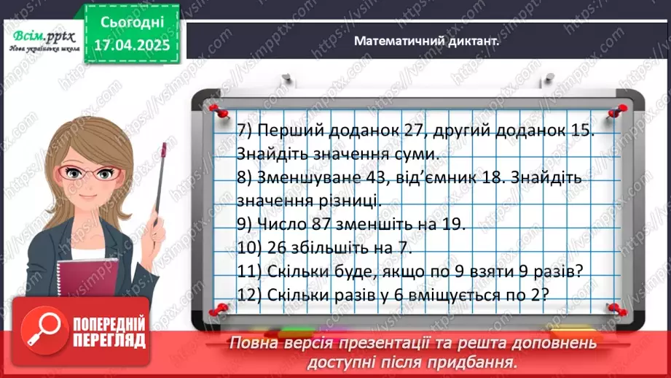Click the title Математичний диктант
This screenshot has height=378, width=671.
426,42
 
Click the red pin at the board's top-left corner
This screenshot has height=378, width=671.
215,109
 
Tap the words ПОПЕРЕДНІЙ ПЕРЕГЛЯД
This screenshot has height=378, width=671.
107,331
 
